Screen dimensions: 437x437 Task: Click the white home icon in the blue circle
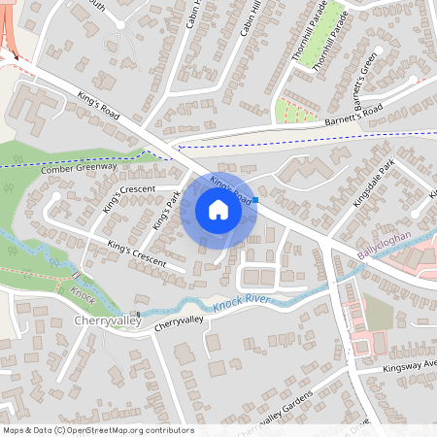click(x=218, y=210)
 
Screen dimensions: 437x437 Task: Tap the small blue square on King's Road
click(x=256, y=202)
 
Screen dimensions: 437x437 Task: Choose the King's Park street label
click(x=166, y=210)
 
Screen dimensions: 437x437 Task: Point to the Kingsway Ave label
click(x=411, y=366)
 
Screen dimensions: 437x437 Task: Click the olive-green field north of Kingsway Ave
click(x=379, y=313)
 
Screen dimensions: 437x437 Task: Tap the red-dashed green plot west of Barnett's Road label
click(x=296, y=113)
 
